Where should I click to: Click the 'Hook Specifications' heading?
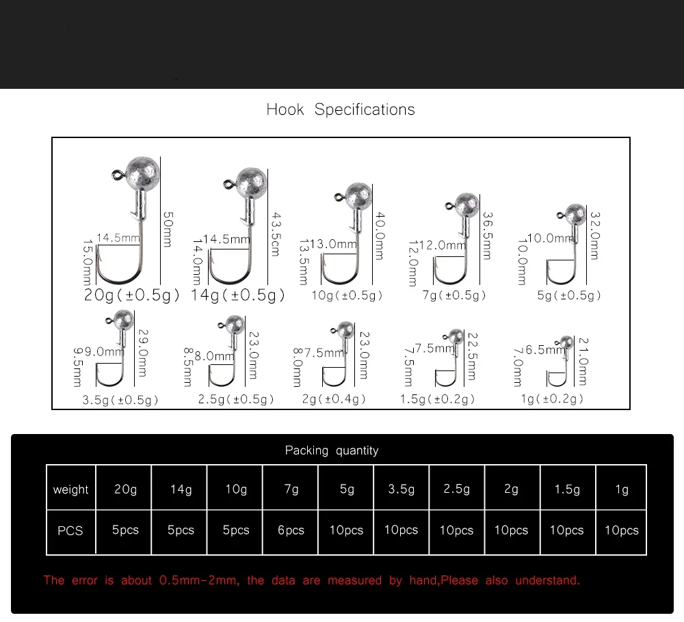tap(340, 109)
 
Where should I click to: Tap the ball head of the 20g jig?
tap(142, 174)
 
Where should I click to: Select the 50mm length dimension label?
tap(168, 230)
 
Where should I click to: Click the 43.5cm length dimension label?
tap(276, 234)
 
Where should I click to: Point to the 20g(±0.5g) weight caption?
tap(131, 295)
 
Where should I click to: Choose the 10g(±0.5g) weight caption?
tap(347, 295)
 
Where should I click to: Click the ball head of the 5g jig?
tap(575, 214)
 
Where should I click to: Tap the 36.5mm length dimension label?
tap(488, 236)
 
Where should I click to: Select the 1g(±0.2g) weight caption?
tap(552, 398)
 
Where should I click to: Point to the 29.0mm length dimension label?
tap(143, 353)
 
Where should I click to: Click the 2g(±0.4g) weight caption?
tap(334, 398)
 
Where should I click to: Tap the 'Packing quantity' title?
tap(332, 450)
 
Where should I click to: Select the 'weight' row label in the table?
tap(70, 489)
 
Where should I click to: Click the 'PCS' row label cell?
tap(70, 531)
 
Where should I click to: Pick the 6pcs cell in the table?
tap(291, 530)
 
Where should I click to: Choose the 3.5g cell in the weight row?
tap(402, 489)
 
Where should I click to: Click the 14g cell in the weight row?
tap(181, 489)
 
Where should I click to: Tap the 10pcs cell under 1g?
tap(622, 530)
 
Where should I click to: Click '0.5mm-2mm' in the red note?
tap(199, 580)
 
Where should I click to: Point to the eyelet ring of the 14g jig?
tap(228, 185)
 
